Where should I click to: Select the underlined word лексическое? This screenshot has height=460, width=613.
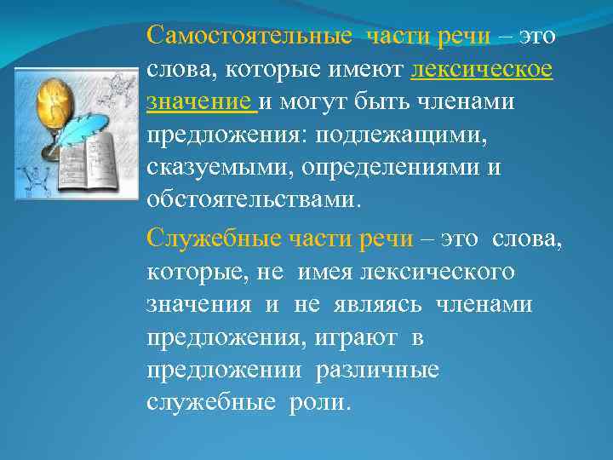pos(481,70)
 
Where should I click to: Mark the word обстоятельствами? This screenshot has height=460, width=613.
pos(254,200)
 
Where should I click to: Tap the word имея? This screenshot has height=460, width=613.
pos(324,272)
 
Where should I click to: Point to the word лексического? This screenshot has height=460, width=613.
pos(438,272)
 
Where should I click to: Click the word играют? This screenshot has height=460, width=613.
pos(356,337)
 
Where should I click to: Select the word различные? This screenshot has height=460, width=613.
pos(377,370)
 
